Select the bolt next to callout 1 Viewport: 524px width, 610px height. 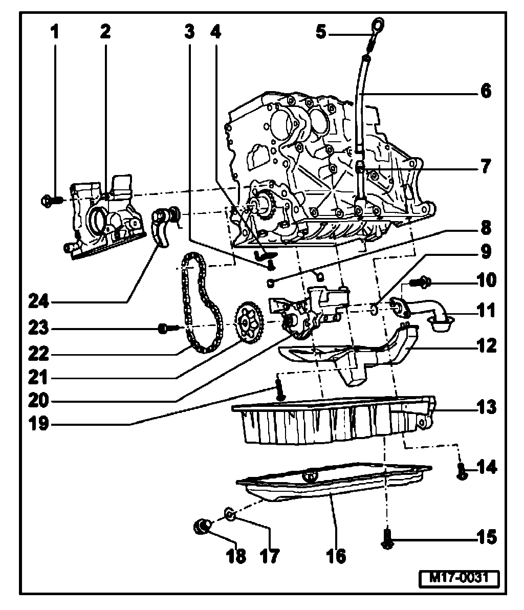pos(50,200)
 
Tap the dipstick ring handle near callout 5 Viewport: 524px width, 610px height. pos(378,25)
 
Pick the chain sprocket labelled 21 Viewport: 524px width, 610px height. pos(249,322)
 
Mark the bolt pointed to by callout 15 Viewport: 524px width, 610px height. pos(387,538)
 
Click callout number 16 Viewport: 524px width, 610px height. pos(336,555)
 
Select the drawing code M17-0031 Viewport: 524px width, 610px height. pos(458,578)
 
